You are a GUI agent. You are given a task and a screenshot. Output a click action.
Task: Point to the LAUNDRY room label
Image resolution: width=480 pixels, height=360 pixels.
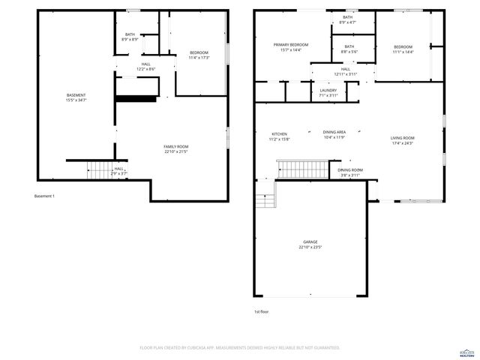pos(328,90)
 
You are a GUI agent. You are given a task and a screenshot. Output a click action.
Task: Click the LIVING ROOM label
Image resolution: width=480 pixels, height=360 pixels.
pos(402,138)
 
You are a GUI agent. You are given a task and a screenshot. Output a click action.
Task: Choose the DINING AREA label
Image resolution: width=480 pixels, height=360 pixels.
pos(334,132)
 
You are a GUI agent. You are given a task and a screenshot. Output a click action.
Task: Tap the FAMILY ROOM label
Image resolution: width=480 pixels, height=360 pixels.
pos(176,146)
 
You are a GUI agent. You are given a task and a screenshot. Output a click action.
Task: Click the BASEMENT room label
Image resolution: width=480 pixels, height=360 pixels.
pos(76,95)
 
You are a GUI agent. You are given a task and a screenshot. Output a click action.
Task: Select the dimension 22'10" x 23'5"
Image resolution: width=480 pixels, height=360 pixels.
pos(310,247)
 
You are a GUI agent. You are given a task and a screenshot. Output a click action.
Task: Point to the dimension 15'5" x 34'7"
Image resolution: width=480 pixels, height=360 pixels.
pos(76,100)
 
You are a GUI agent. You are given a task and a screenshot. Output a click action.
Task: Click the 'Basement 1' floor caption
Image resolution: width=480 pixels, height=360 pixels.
pos(44,196)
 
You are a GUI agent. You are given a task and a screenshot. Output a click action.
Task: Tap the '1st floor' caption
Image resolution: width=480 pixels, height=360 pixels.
pos(262,310)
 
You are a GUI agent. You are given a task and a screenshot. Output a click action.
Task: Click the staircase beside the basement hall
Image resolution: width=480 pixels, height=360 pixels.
pos(99,171)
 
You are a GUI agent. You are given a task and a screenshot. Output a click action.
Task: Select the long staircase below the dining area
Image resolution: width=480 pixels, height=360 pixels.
pos(303,169)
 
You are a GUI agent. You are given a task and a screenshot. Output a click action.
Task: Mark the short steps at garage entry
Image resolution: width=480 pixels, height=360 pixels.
pos(265,201)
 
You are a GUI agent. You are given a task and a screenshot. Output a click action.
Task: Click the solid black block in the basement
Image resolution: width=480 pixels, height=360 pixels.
pos(136,98)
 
